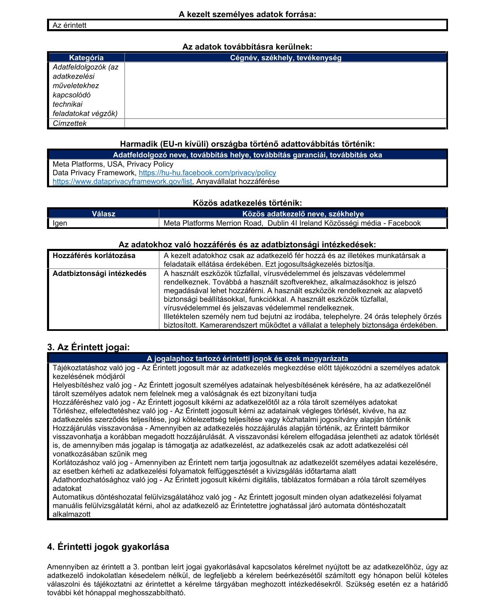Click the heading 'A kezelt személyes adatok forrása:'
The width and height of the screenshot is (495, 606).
tap(247, 15)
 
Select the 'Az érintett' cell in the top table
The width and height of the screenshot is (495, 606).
tap(69, 25)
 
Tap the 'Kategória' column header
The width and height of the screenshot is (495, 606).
tap(86, 58)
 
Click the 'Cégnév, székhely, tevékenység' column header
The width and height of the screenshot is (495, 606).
tap(285, 58)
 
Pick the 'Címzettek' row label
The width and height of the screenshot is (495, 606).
tap(69, 123)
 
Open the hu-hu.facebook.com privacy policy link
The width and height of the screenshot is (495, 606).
tap(207, 173)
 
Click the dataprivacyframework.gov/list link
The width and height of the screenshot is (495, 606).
tap(122, 181)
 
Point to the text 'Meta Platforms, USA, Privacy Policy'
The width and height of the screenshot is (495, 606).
tap(113, 164)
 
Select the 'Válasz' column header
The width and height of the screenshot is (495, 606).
tap(104, 214)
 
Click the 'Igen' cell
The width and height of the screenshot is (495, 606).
tap(60, 223)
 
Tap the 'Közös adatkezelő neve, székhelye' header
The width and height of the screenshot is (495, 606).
tap(303, 214)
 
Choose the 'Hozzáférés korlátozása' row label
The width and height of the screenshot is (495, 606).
tap(94, 256)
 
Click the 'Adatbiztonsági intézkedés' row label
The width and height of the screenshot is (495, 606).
tap(99, 273)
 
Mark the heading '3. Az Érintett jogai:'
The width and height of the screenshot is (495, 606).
tap(89, 347)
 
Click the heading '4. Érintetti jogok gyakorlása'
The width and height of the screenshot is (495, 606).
tap(108, 546)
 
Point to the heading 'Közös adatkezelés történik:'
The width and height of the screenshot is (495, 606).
tap(247, 203)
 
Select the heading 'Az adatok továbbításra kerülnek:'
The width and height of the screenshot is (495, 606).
tap(247, 47)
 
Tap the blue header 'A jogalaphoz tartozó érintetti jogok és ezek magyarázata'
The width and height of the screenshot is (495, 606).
tap(247, 358)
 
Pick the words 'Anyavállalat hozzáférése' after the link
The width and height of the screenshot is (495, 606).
tap(238, 181)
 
